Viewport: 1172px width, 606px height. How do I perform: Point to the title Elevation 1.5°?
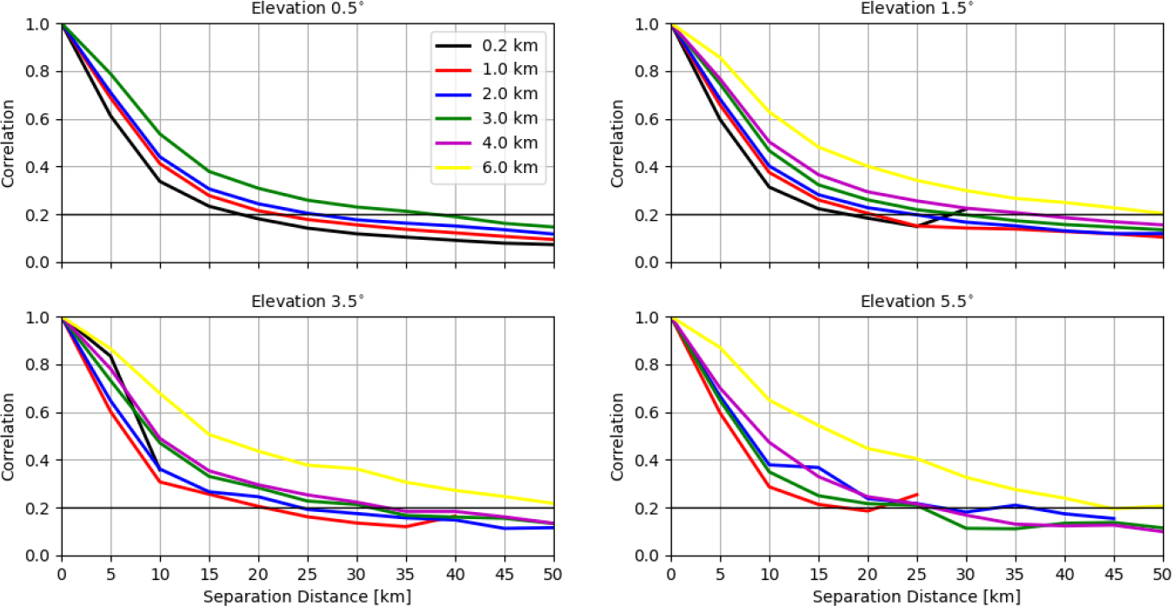[x=916, y=8]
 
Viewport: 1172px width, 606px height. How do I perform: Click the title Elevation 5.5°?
[x=916, y=302]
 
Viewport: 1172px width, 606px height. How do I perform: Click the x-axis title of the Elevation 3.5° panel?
[x=307, y=596]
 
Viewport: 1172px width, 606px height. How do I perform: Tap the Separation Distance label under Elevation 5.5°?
[x=916, y=596]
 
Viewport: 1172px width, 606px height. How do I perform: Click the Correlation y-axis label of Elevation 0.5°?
[x=8, y=143]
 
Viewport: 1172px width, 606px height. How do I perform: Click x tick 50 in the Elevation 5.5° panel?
[x=1162, y=575]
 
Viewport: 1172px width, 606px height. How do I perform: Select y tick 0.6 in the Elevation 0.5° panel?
[x=39, y=119]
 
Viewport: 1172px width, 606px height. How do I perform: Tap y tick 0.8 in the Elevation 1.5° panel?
[x=648, y=71]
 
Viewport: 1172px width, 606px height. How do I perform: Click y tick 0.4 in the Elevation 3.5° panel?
[x=39, y=460]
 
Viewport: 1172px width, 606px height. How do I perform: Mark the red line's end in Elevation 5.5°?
[x=916, y=494]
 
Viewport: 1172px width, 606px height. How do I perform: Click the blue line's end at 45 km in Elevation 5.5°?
[x=1113, y=518]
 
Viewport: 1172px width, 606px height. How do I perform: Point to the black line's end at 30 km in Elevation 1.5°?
[x=965, y=210]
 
